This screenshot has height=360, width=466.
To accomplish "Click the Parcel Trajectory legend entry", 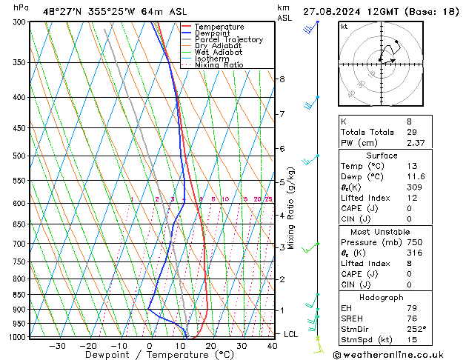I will [x=228, y=39].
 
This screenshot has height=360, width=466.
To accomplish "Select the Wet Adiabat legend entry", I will [x=218, y=52].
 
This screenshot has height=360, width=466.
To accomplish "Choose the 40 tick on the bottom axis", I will [x=273, y=346].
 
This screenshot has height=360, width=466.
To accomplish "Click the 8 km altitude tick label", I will [x=282, y=79].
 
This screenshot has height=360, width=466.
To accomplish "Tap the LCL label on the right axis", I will [x=291, y=335].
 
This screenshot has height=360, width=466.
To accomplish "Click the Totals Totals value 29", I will [x=410, y=133].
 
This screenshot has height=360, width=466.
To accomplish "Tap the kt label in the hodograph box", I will [x=344, y=26].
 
